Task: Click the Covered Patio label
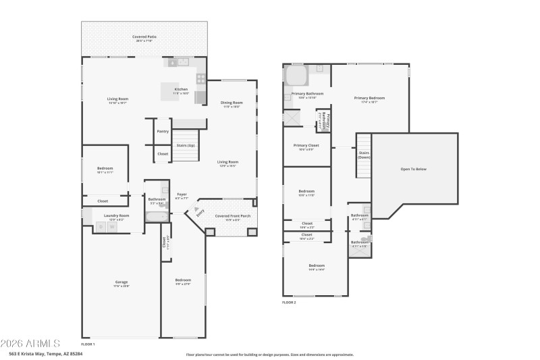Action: coord(143,37)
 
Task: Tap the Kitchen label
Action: coord(181,90)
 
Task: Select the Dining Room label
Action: coord(232,103)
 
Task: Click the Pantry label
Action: coord(163,131)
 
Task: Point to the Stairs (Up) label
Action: coord(186,145)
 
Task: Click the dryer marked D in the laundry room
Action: coord(100,227)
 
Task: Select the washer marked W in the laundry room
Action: coord(113,227)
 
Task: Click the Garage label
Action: coord(121,282)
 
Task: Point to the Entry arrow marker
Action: coord(200,212)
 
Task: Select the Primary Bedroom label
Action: coord(369,98)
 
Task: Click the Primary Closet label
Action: coord(306,145)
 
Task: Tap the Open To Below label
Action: coord(413,169)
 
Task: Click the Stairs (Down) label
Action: coord(364,154)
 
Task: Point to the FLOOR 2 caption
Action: coord(289,303)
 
